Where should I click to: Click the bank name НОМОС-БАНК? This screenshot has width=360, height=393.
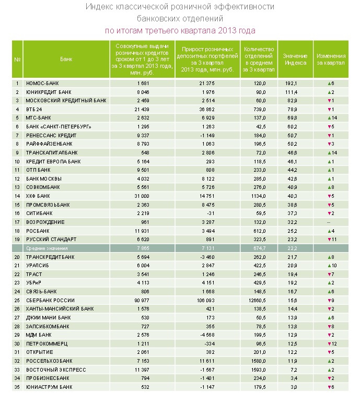(x=42, y=83)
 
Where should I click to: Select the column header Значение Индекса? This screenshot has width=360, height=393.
(x=295, y=59)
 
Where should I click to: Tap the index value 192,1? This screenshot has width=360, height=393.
(x=291, y=83)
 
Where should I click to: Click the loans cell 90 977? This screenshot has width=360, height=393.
(x=142, y=300)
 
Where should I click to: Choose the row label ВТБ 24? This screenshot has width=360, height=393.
(x=34, y=109)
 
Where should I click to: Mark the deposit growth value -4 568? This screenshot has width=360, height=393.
(x=207, y=335)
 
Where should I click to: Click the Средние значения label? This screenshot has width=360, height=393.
(x=47, y=248)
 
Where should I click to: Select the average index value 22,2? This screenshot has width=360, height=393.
(x=292, y=248)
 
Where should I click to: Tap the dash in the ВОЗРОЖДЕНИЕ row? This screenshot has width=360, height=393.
(x=329, y=222)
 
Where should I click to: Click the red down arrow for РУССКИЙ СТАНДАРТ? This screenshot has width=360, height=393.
(x=329, y=240)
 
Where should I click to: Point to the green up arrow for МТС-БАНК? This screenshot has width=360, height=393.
(x=329, y=118)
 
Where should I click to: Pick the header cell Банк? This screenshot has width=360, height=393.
(x=66, y=59)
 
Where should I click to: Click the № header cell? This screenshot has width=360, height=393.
(x=17, y=59)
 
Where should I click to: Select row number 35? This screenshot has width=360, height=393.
(x=17, y=387)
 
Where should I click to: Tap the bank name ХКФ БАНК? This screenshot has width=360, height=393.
(x=38, y=196)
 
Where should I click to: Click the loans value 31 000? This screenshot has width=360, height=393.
(x=142, y=196)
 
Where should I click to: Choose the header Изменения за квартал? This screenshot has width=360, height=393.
(x=331, y=59)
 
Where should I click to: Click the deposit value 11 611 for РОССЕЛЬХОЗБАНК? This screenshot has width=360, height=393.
(x=207, y=361)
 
